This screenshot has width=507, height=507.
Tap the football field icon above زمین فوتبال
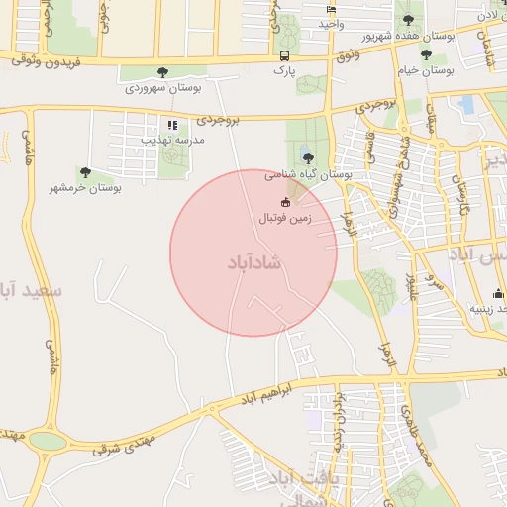[286, 202]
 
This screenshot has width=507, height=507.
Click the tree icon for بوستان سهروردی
[162, 71]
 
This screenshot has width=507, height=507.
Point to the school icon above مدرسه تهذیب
[173, 125]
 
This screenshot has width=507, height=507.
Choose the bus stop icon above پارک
[284, 55]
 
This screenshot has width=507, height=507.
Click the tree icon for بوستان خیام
[426, 55]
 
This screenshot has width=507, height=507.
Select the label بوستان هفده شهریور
[409, 35]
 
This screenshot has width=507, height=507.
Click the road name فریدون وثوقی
[40, 61]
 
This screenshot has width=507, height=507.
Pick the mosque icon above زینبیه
[497, 293]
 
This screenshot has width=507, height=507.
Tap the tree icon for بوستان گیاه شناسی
[307, 156]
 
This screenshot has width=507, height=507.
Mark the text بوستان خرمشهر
[86, 187]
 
